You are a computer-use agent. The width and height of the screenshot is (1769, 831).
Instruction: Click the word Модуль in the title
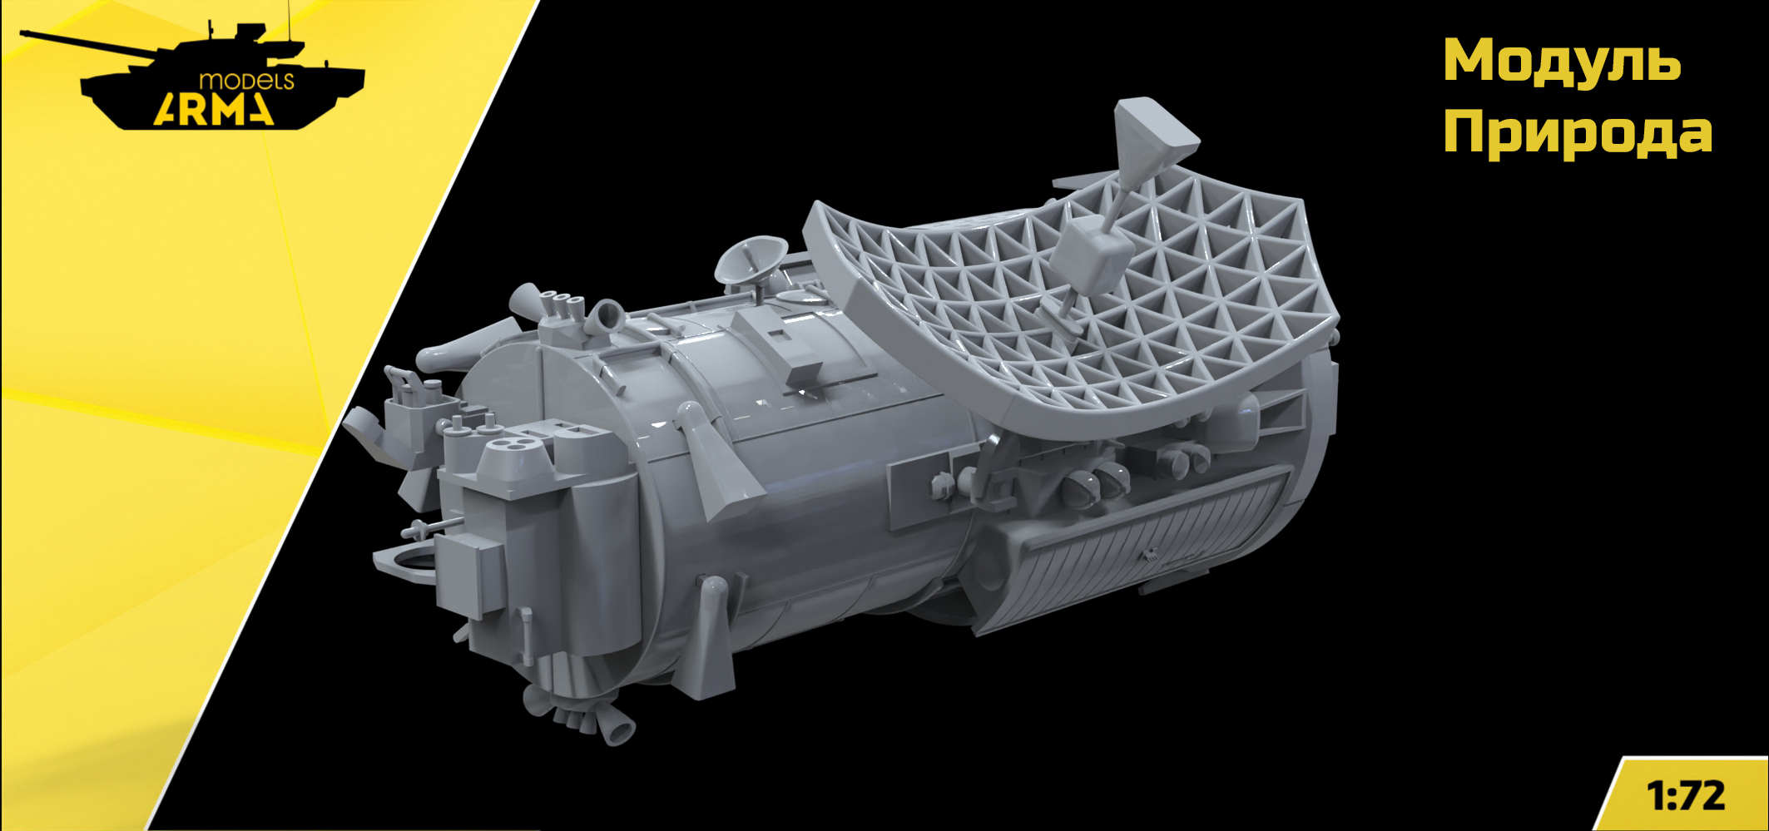pos(1561,62)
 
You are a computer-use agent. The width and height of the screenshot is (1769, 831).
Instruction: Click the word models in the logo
pos(246,81)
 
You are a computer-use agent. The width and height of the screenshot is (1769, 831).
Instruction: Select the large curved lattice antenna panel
pos(1073,316)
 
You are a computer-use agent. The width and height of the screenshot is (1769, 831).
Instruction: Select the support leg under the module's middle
pos(711,632)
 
